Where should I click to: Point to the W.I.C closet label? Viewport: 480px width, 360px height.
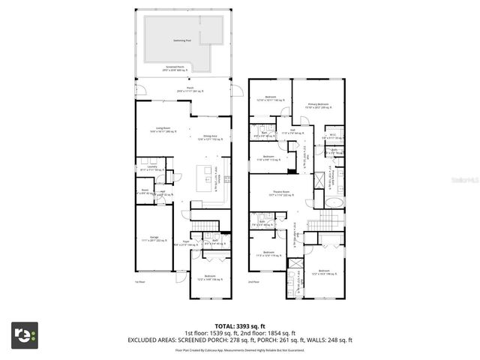pos(334,136)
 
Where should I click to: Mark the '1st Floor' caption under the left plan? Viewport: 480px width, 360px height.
pos(139,282)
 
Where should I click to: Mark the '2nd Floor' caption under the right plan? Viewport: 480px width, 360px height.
pos(253,282)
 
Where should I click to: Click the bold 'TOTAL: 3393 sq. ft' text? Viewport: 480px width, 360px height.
pos(240,326)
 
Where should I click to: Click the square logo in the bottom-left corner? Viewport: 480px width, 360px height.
pos(25,335)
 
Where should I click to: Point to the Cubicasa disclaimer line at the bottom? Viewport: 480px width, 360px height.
pos(240,349)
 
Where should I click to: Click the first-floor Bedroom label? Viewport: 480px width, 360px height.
pos(207,277)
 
